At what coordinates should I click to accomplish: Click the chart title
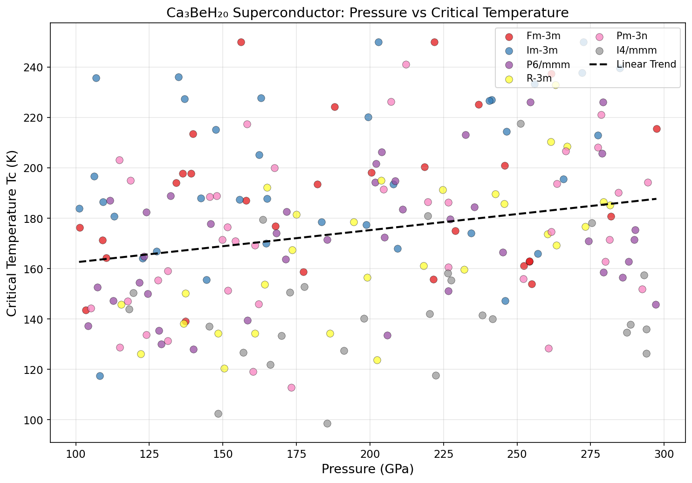click(x=367, y=13)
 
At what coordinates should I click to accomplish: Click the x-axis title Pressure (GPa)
click(x=367, y=469)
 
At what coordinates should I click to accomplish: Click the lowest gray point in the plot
click(x=327, y=423)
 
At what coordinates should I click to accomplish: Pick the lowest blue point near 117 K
click(x=100, y=376)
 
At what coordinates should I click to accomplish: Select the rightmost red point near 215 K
click(x=657, y=129)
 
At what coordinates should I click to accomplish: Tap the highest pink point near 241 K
click(x=406, y=64)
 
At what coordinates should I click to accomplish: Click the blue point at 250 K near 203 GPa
click(x=378, y=42)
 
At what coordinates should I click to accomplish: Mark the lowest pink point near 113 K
click(x=291, y=387)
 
